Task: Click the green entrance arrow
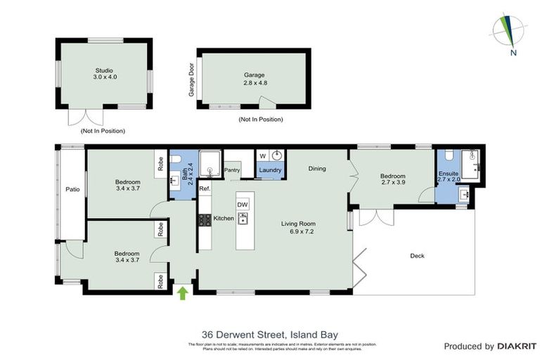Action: point(183,292)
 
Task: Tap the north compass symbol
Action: point(511,32)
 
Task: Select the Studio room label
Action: point(104,74)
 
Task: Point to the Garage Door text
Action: point(191,79)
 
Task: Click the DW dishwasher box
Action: point(243,205)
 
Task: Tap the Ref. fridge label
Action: point(205,189)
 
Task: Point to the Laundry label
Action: point(271,170)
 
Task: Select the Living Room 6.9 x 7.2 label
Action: point(300,228)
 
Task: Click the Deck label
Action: point(418,256)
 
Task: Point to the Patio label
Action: point(72,189)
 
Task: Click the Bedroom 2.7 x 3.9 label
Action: point(392,180)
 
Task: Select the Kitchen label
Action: point(223,219)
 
